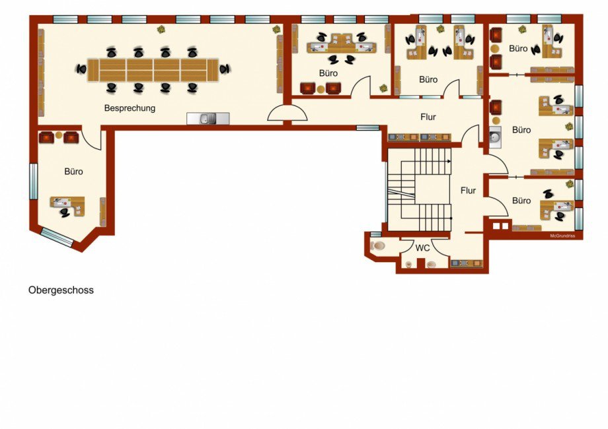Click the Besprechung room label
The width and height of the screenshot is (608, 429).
coord(130,108)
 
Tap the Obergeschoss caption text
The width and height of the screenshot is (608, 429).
coord(61,290)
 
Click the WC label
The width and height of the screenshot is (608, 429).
coord(422,247)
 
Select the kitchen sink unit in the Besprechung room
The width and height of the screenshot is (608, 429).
coord(208,119)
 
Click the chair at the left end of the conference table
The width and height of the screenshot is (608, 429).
coord(81,69)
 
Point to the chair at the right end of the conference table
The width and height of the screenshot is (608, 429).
coord(225,69)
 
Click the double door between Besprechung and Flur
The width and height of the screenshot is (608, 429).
coord(287,113)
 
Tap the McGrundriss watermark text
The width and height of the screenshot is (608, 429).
coord(562,236)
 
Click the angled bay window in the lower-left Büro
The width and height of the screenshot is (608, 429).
coord(57,238)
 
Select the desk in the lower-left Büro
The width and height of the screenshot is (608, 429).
coord(67,205)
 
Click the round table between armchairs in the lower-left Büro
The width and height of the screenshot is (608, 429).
coord(59,135)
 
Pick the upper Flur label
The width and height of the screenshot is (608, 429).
coord(428,117)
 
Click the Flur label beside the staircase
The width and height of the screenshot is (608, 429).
coord(468,191)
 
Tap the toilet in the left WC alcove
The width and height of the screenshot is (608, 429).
coord(377,246)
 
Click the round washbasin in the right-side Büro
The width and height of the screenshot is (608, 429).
coord(495,137)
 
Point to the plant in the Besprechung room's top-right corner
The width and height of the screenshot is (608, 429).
coord(276,30)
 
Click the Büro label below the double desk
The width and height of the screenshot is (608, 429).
coord(328,73)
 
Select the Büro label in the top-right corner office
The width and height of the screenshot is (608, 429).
coord(518,49)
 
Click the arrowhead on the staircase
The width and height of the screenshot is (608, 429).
coord(449,161)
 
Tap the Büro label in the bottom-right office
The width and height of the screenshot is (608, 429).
coord(521,201)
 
